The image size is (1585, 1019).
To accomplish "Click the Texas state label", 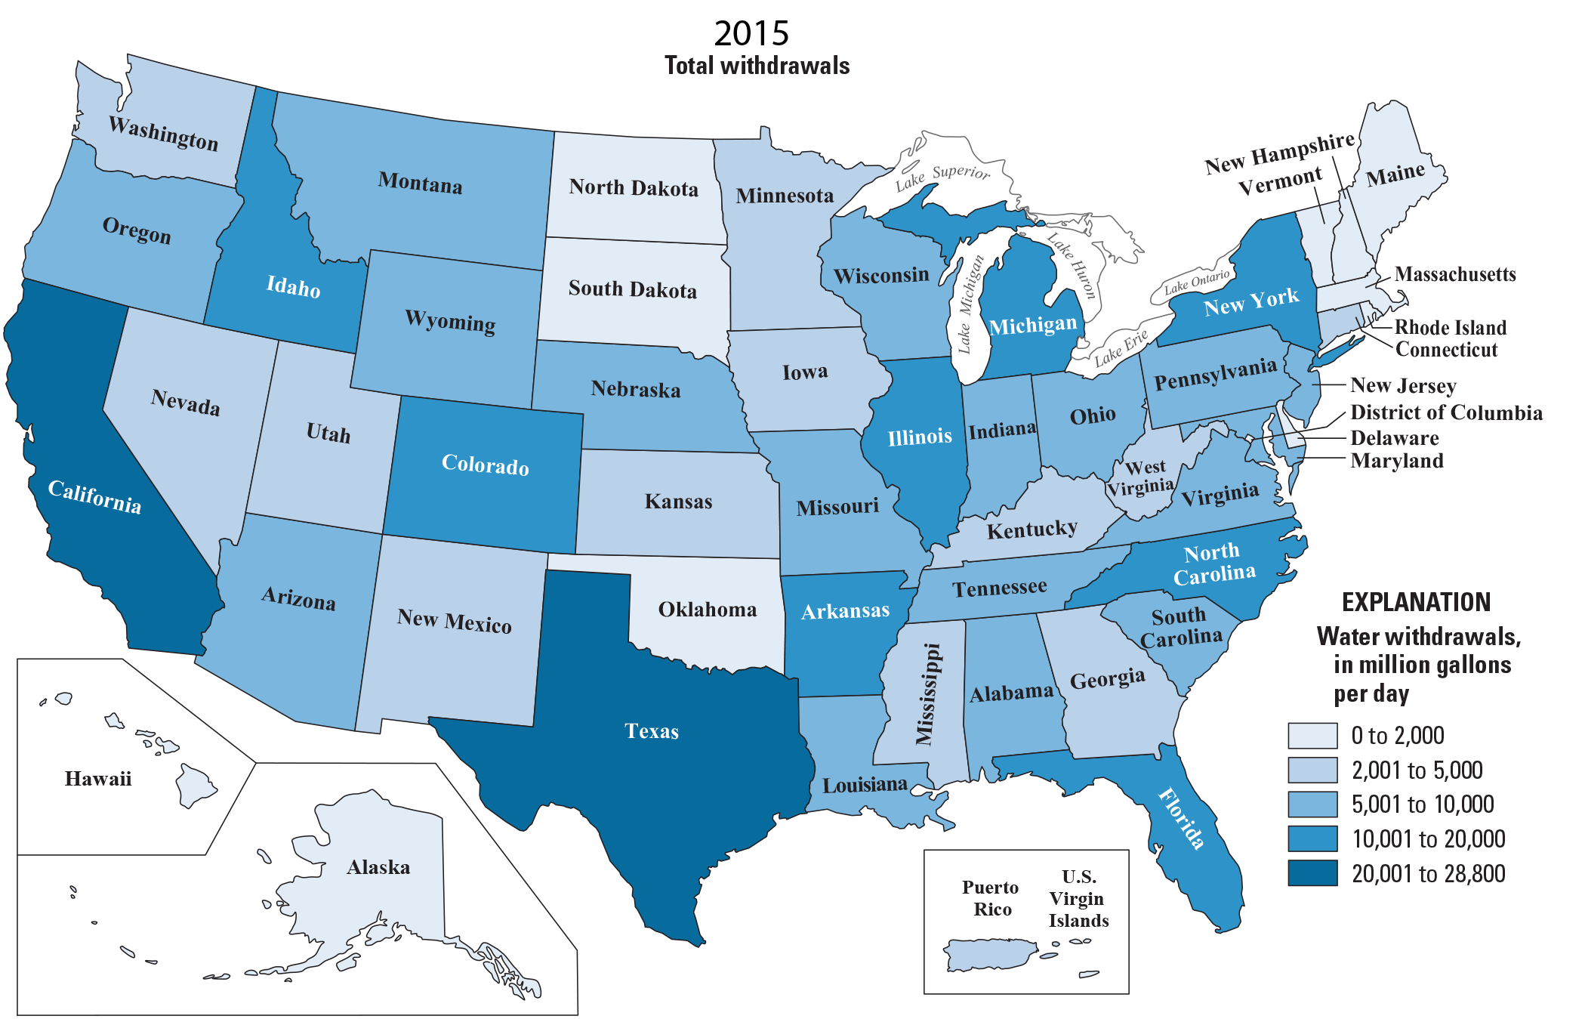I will tap(652, 731).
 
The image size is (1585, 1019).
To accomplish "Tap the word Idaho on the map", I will tap(294, 287).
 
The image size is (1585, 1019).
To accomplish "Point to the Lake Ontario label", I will tap(1197, 282).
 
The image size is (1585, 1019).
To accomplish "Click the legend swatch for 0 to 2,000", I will tap(1312, 735).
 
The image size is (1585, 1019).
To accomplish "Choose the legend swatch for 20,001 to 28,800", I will tap(1312, 873).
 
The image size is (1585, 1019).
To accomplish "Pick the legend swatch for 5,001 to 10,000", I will tap(1312, 804).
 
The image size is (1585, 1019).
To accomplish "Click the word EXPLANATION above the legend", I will tap(1416, 602).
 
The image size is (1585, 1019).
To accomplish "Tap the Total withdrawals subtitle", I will tap(757, 66).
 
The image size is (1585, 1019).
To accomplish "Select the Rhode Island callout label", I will tap(1450, 327).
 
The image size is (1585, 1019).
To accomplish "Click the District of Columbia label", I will tap(1445, 412).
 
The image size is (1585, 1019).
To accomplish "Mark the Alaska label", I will tap(378, 867).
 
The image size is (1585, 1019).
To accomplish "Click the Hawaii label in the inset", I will tap(98, 778).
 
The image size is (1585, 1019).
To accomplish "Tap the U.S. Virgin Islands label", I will tap(1078, 898).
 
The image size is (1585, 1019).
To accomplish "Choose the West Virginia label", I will tap(1142, 477).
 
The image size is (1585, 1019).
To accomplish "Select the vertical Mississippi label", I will tap(927, 693).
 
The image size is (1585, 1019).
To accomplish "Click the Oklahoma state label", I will tap(707, 610).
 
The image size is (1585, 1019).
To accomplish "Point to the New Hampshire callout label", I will tap(1279, 153).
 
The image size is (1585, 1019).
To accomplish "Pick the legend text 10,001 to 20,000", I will tap(1428, 839).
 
